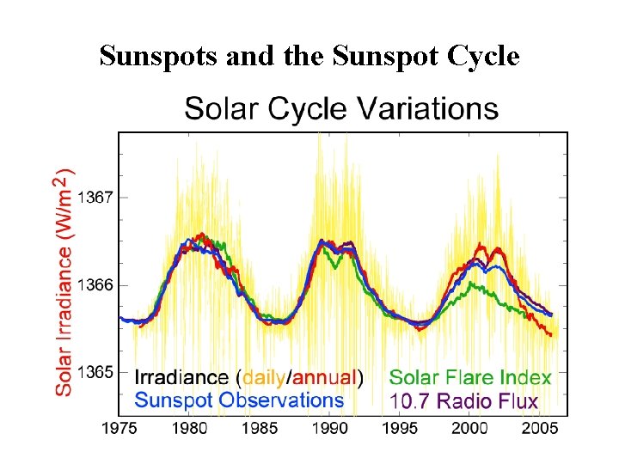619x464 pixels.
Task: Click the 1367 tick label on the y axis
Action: pos(95,198)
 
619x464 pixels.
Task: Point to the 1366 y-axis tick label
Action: pos(95,285)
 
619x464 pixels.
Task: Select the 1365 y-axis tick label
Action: pos(95,373)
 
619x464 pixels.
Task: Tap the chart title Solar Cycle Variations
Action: pos(341,109)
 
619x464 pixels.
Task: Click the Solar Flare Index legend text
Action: pos(470,377)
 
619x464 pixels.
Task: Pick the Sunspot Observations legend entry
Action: pos(240,400)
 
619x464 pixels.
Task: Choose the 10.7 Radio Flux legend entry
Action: pos(463,400)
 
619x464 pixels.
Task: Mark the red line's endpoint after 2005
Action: pos(551,335)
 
